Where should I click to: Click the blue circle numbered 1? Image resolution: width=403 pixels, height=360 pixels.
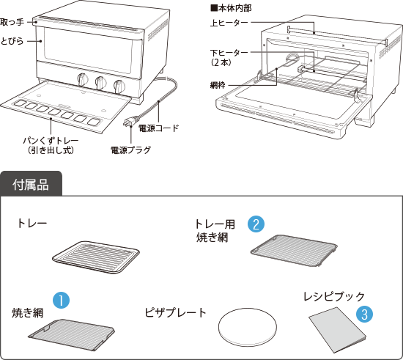click(61, 300)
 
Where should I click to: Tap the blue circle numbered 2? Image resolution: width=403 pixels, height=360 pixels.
click(256, 224)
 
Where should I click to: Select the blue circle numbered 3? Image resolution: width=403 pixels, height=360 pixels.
click(364, 314)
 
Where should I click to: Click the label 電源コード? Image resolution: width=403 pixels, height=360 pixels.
click(158, 128)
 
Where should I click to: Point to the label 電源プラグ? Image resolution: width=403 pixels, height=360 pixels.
click(130, 150)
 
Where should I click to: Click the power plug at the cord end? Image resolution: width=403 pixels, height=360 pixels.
click(131, 122)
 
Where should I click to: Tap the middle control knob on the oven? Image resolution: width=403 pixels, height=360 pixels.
click(101, 82)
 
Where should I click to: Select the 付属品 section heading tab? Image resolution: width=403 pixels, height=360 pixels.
click(31, 184)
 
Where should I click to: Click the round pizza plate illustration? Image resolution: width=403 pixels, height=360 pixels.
click(248, 327)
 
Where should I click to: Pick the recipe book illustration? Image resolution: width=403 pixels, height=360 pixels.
click(338, 330)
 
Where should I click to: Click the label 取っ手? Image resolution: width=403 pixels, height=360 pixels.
click(12, 22)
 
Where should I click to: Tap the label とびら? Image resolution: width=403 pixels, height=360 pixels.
click(12, 41)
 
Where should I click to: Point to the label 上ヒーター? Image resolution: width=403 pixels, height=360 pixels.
click(229, 23)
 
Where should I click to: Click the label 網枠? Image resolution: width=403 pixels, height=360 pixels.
click(218, 85)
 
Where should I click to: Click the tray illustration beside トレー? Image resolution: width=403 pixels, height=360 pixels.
click(95, 257)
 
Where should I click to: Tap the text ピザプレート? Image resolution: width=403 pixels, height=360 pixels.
click(176, 312)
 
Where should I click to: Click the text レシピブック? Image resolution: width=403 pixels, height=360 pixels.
click(334, 296)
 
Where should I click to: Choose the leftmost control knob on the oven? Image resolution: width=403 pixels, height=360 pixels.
click(83, 79)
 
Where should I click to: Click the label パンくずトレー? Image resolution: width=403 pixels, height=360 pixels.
click(51, 141)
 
